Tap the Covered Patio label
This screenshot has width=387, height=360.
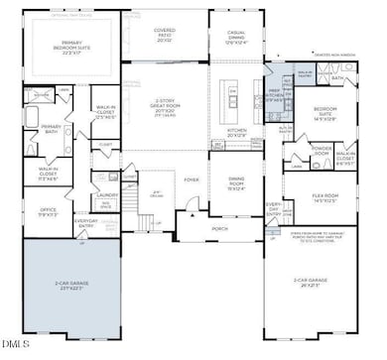[164, 35]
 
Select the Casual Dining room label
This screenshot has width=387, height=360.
[235, 39]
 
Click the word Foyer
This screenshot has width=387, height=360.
[192, 180]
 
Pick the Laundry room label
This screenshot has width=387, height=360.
[108, 194]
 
